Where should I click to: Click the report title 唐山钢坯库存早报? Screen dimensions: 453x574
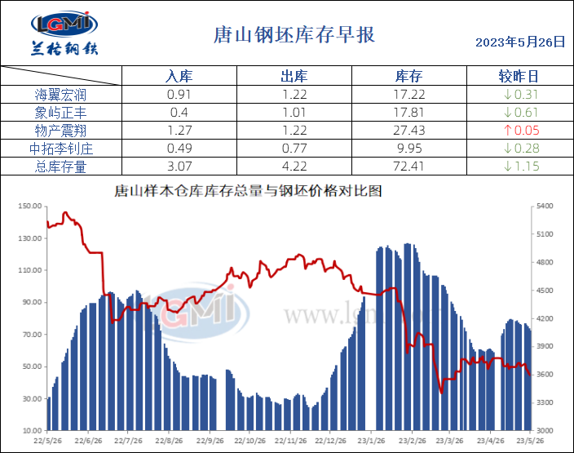click(x=294, y=36)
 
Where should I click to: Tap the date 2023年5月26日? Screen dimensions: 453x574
click(x=519, y=42)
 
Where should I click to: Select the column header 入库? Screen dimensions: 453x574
click(x=179, y=77)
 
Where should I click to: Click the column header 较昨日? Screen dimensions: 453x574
click(x=519, y=77)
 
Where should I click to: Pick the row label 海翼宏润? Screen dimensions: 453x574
click(x=61, y=95)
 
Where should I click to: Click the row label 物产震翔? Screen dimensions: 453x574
click(x=61, y=131)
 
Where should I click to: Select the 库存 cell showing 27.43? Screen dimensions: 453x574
click(x=408, y=131)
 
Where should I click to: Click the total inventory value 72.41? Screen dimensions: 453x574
click(x=408, y=167)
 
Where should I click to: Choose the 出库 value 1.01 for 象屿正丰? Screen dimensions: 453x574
click(x=294, y=113)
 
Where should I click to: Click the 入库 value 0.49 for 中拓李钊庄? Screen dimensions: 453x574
click(x=179, y=149)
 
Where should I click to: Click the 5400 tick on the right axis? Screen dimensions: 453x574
click(x=545, y=207)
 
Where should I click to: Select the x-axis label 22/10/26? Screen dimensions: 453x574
click(x=250, y=439)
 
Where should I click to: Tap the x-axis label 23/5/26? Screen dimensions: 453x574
click(x=531, y=439)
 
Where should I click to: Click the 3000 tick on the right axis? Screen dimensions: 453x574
click(x=545, y=430)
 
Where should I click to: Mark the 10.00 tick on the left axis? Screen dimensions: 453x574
click(x=31, y=430)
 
